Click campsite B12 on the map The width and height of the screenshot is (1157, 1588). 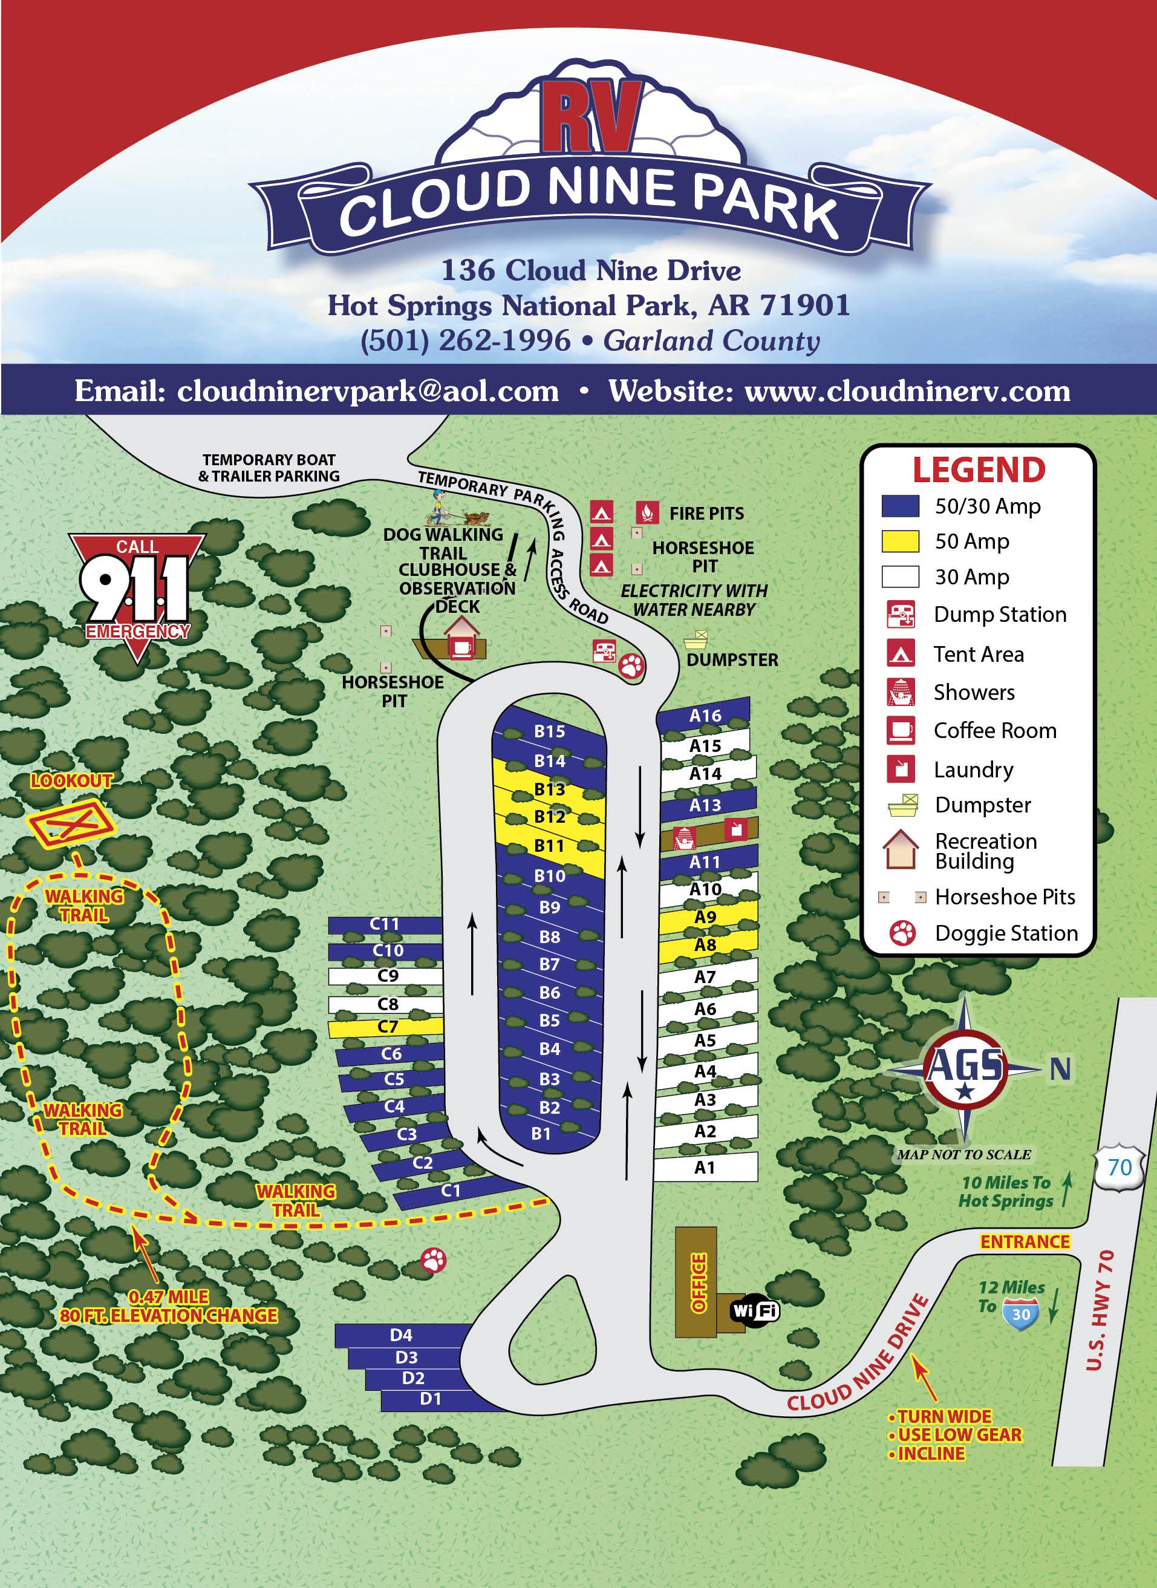coord(550,817)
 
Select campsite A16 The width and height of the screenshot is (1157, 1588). coord(705,715)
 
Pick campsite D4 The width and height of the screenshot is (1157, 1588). coord(402,1335)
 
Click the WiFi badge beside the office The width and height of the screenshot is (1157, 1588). coord(754,1310)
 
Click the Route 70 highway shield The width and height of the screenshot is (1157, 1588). coord(1119,1167)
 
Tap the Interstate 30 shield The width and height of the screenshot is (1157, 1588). coord(1020,1314)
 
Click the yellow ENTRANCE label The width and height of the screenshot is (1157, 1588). coord(1025,1242)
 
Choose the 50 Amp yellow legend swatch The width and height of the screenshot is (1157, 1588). coord(900,541)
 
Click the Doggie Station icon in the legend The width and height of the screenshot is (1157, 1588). coord(902,933)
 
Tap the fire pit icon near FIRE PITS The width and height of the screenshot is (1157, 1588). coord(647,512)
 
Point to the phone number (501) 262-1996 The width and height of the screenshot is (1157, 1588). coord(465,341)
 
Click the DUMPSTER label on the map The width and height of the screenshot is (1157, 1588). coord(732,660)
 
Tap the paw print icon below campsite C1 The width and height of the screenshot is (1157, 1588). coord(434,1260)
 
